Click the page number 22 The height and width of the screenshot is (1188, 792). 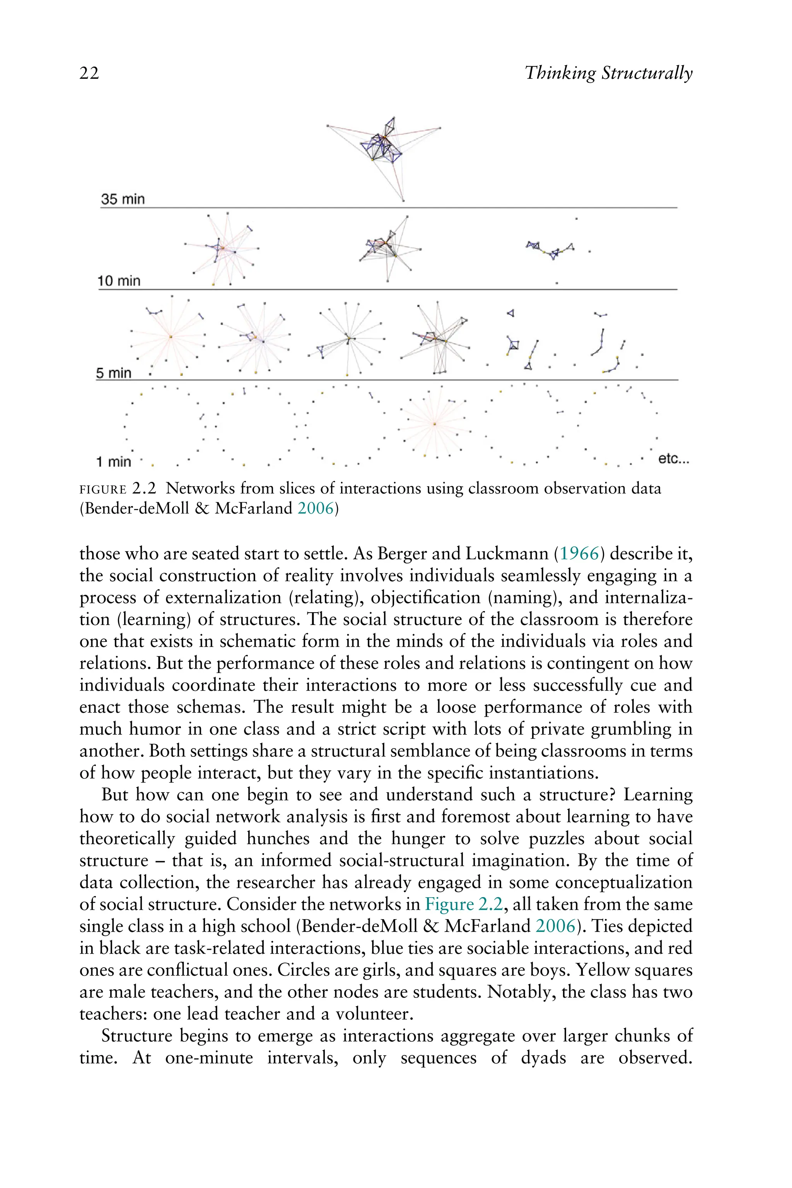pyautogui.click(x=89, y=74)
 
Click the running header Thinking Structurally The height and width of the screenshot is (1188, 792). pyautogui.click(x=608, y=74)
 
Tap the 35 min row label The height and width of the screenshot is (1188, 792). pyautogui.click(x=123, y=199)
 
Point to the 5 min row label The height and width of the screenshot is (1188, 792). pyautogui.click(x=114, y=373)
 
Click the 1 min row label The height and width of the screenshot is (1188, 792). pyautogui.click(x=114, y=462)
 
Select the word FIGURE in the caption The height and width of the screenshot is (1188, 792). pyautogui.click(x=103, y=490)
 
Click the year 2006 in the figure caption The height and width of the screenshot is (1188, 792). pyautogui.click(x=316, y=508)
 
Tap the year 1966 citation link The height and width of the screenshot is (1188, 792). pyautogui.click(x=579, y=554)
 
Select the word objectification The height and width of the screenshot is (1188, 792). pyautogui.click(x=425, y=597)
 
